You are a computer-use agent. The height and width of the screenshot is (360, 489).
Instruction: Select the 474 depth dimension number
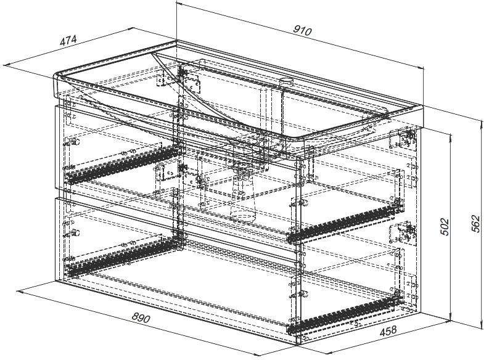pyautogui.click(x=68, y=41)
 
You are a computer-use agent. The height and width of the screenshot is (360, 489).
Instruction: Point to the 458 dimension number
pyautogui.click(x=387, y=331)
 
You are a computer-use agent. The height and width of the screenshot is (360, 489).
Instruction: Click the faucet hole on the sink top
pyautogui.click(x=286, y=81)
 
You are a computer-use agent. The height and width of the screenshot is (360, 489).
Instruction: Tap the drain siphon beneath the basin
pyautogui.click(x=242, y=191)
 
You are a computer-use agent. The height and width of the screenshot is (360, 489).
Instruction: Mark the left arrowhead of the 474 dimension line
pyautogui.click(x=5, y=64)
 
